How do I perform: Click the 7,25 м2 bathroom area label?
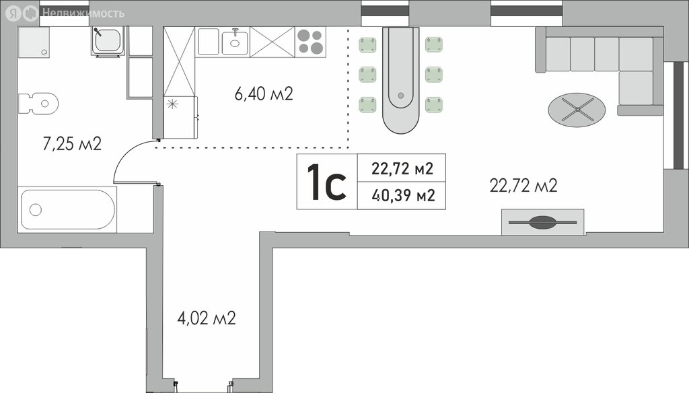coord(72,144)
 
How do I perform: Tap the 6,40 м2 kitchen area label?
coord(264,94)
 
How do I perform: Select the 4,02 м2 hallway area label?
coord(207,318)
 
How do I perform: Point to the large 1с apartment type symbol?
coord(327,182)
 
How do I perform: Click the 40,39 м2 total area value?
coord(404,195)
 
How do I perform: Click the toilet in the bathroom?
coord(38,104)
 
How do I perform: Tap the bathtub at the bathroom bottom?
coord(67,210)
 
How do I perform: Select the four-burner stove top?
coord(310,42)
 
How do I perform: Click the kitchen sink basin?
coord(235,42)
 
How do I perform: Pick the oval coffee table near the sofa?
coord(577,110)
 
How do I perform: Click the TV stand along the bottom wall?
coord(543,222)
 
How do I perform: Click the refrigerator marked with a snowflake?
coord(180,117)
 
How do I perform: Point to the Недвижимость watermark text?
coord(83,13)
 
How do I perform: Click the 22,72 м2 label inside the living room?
coord(523,186)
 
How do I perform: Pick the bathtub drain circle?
coord(36,210)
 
